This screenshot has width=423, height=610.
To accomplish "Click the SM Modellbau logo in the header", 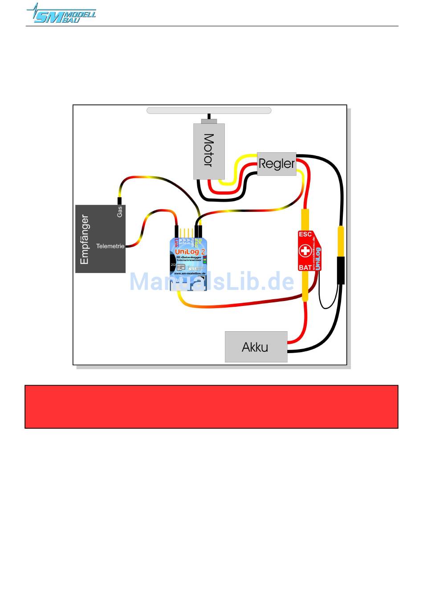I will tap(61, 13).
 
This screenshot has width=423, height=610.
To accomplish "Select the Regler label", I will tap(277, 163).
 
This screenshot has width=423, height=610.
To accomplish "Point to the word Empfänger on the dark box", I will tap(85, 240).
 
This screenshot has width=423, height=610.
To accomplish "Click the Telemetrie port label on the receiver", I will tap(110, 246).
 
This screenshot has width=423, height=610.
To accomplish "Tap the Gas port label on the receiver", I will tap(119, 212).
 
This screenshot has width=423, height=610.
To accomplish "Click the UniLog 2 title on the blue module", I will tap(190, 252).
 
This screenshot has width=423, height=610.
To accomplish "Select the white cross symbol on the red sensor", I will tap(305, 251).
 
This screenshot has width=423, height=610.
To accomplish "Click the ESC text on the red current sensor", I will tap(305, 234).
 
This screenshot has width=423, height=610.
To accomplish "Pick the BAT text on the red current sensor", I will tap(305, 268).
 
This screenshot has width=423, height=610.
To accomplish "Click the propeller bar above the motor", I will tap(209, 110).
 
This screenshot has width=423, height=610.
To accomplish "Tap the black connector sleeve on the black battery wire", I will tap(340, 270).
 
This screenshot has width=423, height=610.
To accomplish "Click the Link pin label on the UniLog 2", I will tap(176, 243).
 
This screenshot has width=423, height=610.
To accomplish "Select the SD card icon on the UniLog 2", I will tap(181, 268).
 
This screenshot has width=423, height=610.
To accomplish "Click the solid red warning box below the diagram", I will tap(211, 407).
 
